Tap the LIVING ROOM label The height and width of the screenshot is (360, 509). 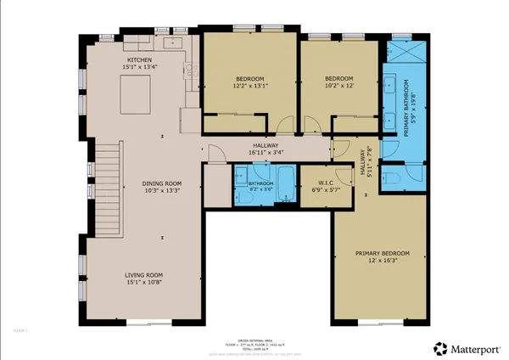pyautogui.click(x=143, y=275)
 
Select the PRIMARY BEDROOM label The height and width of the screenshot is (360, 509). pyautogui.click(x=383, y=254)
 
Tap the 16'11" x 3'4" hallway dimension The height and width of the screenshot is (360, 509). pyautogui.click(x=266, y=152)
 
